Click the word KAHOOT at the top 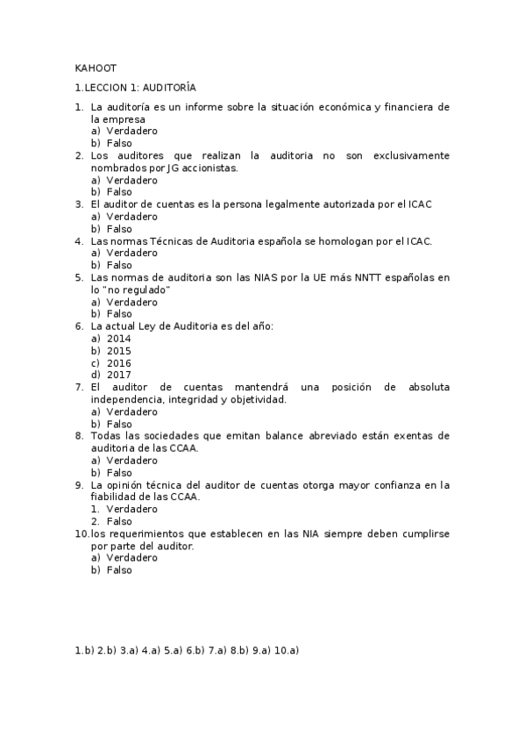(x=90, y=68)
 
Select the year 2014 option (x=119, y=338)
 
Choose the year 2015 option (x=119, y=350)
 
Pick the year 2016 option (x=119, y=362)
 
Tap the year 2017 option (x=119, y=375)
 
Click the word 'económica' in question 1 (x=343, y=107)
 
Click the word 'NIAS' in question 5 (x=288, y=277)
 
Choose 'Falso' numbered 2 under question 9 (x=119, y=520)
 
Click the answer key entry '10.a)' (x=287, y=650)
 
